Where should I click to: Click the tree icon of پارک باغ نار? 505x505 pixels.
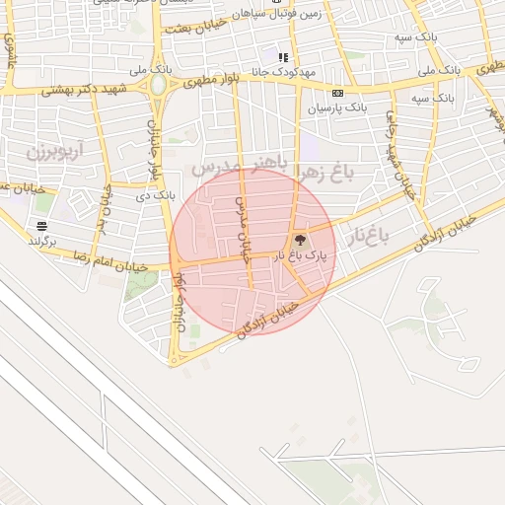(x=300, y=239)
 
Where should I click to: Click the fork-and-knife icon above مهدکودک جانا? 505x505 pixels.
(x=283, y=57)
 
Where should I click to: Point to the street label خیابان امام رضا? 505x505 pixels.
(x=109, y=262)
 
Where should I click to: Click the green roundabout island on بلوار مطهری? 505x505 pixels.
(x=158, y=86)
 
